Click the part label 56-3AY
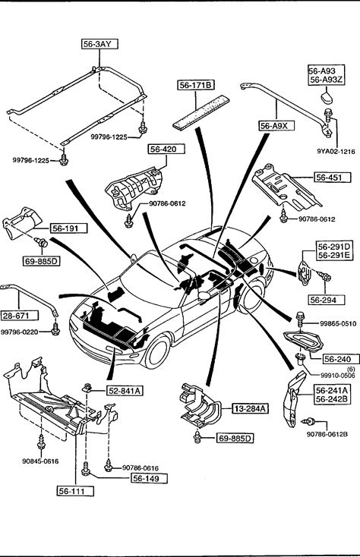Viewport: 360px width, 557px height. pyautogui.click(x=99, y=44)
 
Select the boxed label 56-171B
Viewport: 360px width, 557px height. pyautogui.click(x=196, y=85)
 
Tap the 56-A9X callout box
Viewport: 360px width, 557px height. pyautogui.click(x=276, y=126)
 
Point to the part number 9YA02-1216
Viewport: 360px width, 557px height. pyautogui.click(x=336, y=151)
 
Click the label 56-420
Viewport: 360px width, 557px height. pyautogui.click(x=166, y=149)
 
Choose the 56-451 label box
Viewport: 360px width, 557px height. pyautogui.click(x=333, y=177)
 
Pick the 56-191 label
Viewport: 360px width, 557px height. pyautogui.click(x=68, y=228)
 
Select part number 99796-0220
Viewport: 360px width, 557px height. pyautogui.click(x=20, y=332)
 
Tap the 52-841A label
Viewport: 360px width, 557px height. pyautogui.click(x=125, y=391)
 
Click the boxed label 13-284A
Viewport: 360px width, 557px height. pyautogui.click(x=250, y=408)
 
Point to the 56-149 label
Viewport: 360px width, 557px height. pyautogui.click(x=150, y=478)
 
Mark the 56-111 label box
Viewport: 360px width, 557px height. pyautogui.click(x=75, y=491)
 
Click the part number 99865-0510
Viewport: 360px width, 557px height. pyautogui.click(x=337, y=323)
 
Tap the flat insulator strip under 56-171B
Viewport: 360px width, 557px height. pyautogui.click(x=201, y=112)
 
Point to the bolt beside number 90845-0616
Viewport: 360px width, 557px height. pyautogui.click(x=41, y=442)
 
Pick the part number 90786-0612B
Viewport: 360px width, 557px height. pyautogui.click(x=327, y=434)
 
